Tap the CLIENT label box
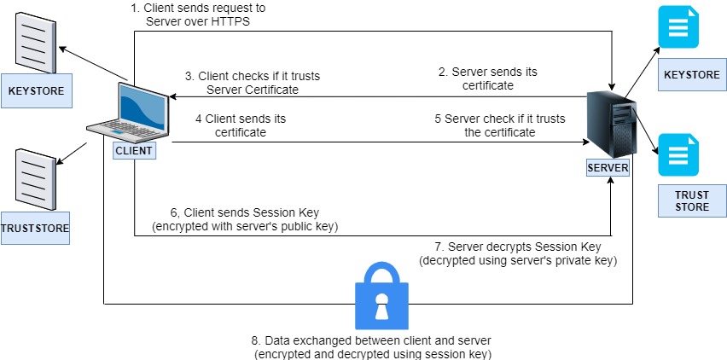click(134, 151)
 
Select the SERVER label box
click(608, 168)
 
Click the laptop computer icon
click(128, 111)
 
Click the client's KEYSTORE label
click(36, 90)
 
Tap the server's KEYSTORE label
click(692, 75)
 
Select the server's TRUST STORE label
click(692, 201)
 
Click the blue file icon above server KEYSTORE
click(678, 28)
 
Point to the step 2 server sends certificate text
click(488, 78)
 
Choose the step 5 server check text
click(485, 126)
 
